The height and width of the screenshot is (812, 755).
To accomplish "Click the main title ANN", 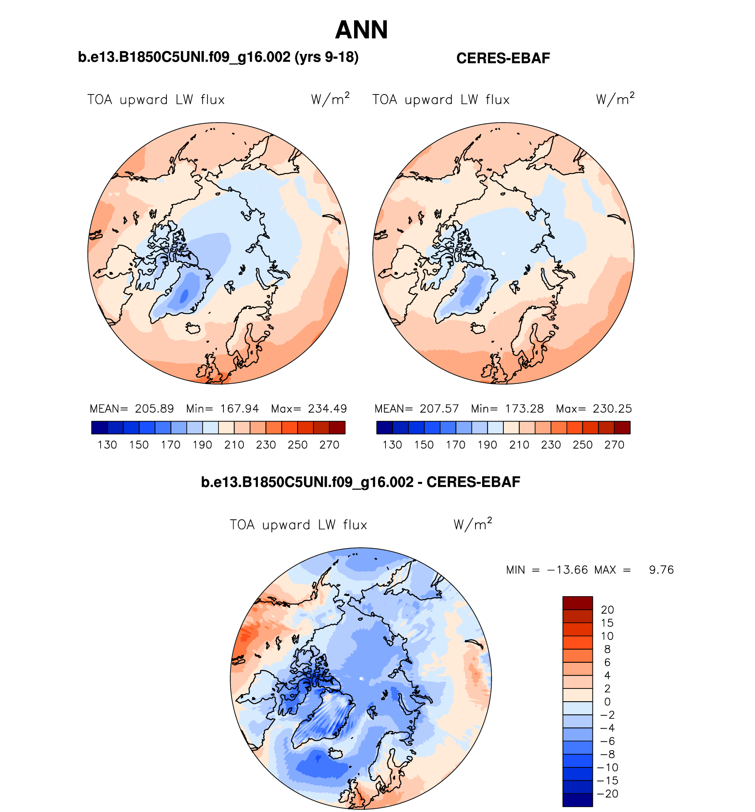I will (x=361, y=30).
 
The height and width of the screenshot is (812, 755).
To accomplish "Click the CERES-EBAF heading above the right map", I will (x=503, y=58).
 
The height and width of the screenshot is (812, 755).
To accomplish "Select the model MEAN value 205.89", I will (x=154, y=409).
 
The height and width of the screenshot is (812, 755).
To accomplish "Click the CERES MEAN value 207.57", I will (x=439, y=409).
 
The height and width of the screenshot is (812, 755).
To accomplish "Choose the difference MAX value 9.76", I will (x=661, y=570).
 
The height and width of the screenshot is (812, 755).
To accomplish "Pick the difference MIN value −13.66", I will (x=567, y=570).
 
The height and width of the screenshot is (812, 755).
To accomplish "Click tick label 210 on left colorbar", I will (x=234, y=445).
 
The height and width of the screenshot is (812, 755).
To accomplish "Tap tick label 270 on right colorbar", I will (x=614, y=445).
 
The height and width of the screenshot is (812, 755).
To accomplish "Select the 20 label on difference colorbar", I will (x=608, y=610).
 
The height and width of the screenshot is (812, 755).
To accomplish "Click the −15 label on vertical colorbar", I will (x=608, y=781).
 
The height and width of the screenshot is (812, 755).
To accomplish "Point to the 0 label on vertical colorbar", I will (x=608, y=702).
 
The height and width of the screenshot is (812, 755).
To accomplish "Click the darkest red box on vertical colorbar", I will (x=578, y=603).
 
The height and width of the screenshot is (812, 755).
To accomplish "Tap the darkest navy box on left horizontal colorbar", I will (x=99, y=428).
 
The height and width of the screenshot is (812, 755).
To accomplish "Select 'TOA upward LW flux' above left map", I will (x=156, y=100).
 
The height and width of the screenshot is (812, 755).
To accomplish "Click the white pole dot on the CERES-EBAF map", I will (x=503, y=253).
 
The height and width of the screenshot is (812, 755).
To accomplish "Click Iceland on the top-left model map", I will (x=193, y=328).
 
